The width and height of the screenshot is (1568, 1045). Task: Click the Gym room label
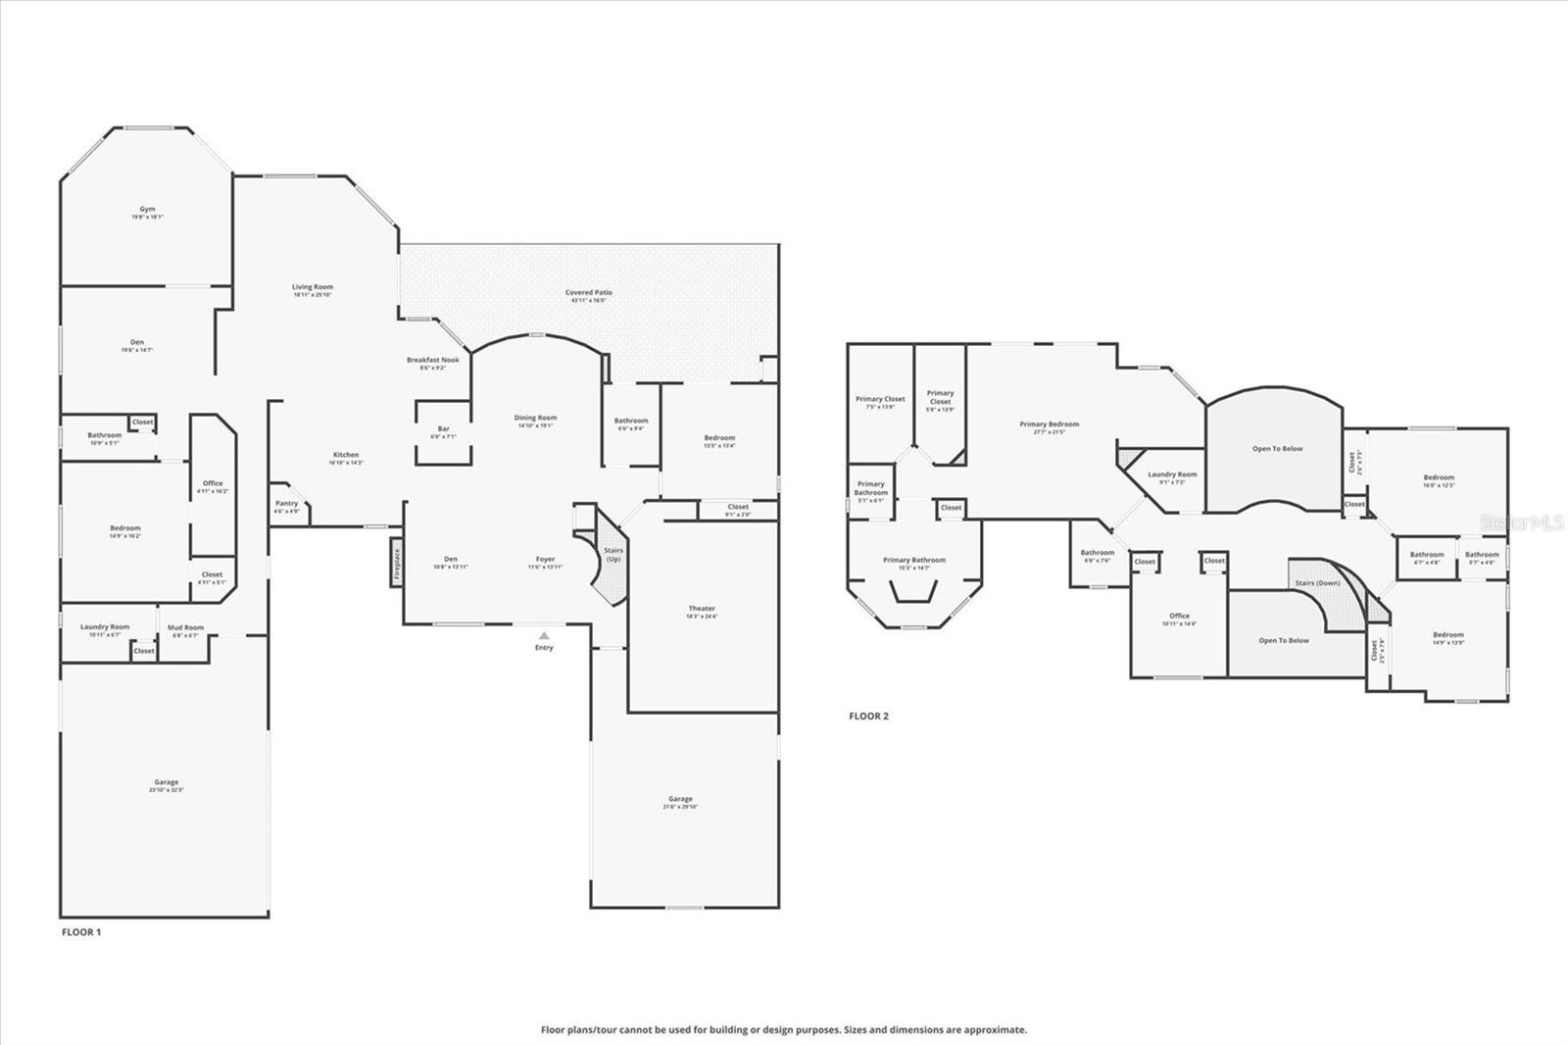pos(147,210)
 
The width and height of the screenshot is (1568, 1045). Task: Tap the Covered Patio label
pos(588,293)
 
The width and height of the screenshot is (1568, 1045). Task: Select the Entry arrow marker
pos(544,636)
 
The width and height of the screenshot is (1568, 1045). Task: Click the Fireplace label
pos(397,567)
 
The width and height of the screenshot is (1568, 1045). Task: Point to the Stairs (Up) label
pos(613,555)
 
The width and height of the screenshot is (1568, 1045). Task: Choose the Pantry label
pos(286,504)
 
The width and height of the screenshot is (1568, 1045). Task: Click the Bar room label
pos(443,429)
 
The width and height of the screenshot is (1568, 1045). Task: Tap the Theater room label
pos(702,610)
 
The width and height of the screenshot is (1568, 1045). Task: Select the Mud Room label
pos(185,628)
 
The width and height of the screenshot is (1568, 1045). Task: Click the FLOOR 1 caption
pos(81,932)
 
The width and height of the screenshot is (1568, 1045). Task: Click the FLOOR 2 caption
pos(868,717)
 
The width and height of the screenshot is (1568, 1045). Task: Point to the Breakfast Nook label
pos(432,361)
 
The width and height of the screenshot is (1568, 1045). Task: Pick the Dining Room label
pos(535,419)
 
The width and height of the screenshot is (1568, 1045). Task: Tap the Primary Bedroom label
pos(1049,425)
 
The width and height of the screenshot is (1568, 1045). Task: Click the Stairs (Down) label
pos(1317,583)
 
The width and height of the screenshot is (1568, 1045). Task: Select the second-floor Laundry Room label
pos(1172,474)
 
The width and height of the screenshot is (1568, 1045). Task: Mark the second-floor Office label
pos(1179,617)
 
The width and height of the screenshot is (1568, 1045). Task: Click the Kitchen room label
pos(346,456)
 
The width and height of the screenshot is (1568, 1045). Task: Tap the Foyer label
pos(545,560)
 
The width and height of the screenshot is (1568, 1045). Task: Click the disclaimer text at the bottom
pos(784,1030)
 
